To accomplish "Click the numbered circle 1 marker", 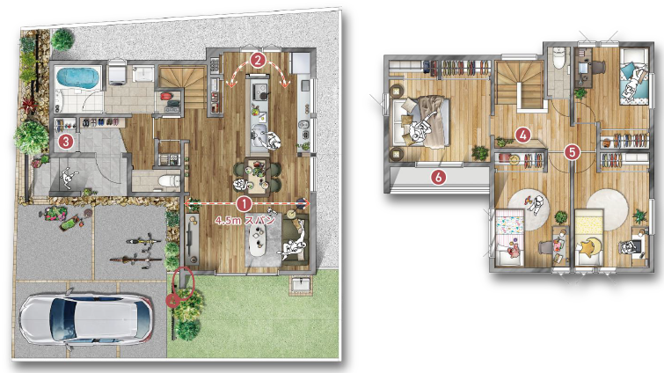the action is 244,203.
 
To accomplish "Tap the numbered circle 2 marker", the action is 258,60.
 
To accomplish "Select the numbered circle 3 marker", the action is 66,141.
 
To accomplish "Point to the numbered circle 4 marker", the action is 523,135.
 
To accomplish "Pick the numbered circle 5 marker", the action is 573,151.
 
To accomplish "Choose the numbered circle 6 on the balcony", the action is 438,177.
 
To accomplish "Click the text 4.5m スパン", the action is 245,220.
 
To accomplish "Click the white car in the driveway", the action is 86,318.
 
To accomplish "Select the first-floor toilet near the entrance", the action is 168,181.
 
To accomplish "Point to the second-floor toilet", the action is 559,59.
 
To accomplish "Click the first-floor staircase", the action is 178,87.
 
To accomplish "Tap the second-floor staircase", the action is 520,84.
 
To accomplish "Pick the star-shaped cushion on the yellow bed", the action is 587,247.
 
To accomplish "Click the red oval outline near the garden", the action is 183,282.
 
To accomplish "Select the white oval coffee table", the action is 257,240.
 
